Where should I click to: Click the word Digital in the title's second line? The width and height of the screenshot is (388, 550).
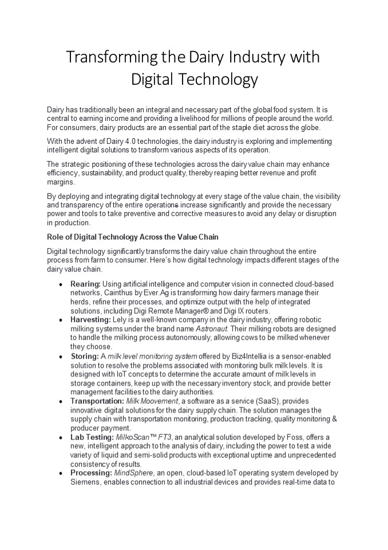pyautogui.click(x=150, y=79)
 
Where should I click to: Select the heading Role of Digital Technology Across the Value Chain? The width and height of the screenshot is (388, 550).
pyautogui.click(x=133, y=237)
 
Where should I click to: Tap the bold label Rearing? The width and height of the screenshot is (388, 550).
pyautogui.click(x=85, y=284)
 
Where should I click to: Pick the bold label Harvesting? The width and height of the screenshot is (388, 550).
pyautogui.click(x=90, y=320)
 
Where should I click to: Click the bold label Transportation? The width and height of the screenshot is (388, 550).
pyautogui.click(x=97, y=401)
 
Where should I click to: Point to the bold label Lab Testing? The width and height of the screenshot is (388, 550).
pyautogui.click(x=92, y=437)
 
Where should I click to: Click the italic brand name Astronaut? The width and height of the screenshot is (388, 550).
pyautogui.click(x=212, y=329)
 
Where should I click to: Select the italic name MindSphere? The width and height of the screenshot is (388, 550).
pyautogui.click(x=134, y=473)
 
